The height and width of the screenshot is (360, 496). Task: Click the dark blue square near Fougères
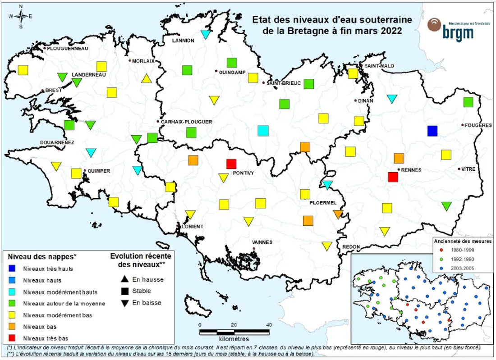[432, 131]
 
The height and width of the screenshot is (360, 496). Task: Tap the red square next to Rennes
[393, 177]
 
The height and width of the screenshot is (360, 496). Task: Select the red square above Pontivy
[231, 164]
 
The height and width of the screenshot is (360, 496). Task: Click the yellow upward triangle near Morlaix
[146, 79]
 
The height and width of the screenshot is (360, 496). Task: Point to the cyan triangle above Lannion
[206, 34]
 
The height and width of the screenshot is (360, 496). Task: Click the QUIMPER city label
[98, 171]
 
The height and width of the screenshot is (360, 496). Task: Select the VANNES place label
[262, 242]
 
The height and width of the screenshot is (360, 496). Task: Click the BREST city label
[53, 91]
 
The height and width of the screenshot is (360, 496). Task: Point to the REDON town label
[351, 247]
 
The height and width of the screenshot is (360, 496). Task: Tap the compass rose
[21, 16]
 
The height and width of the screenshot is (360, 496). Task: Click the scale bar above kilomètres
[234, 332]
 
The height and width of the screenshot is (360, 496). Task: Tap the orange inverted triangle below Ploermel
[338, 214]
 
